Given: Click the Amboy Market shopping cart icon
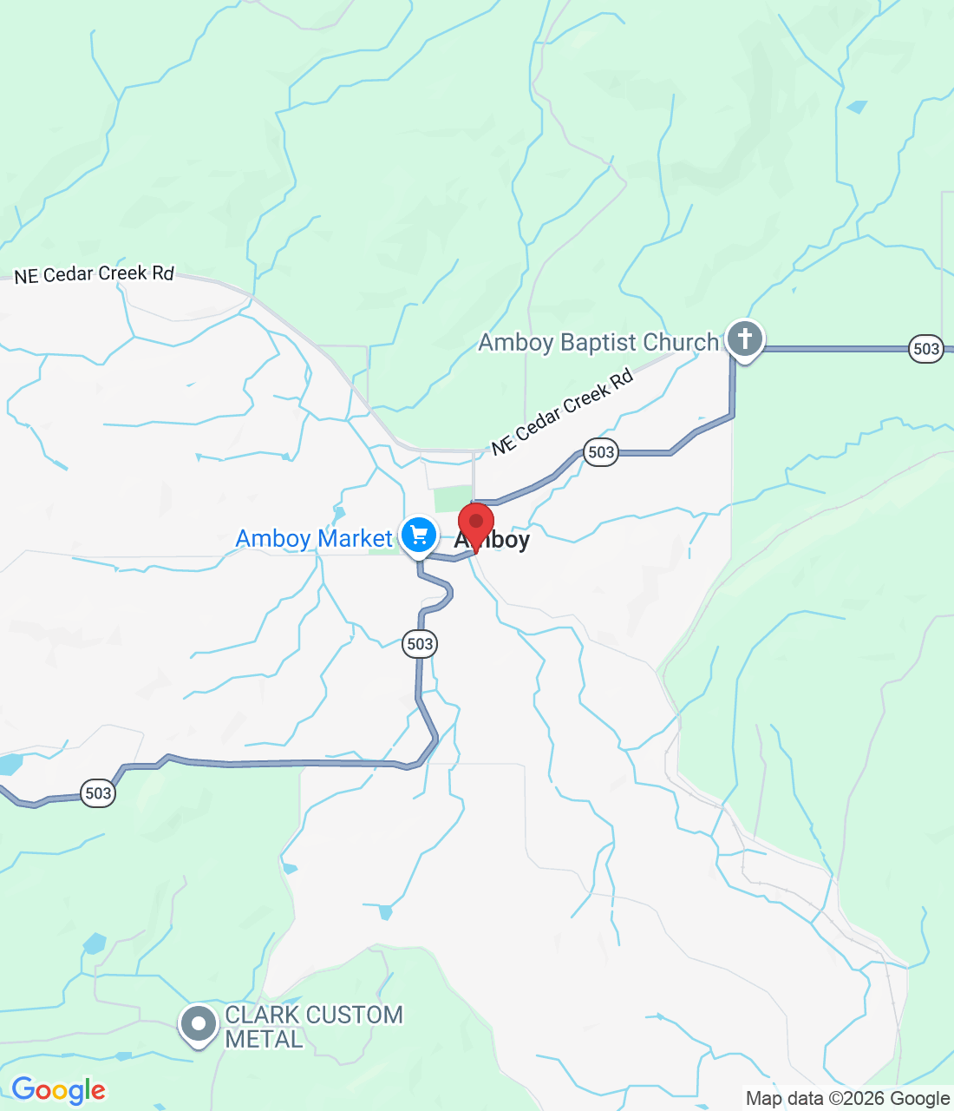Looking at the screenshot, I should (419, 535).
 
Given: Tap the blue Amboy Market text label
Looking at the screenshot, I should (314, 539).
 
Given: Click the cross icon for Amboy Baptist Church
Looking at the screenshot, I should (744, 339).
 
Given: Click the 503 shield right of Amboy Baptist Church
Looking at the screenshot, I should (926, 349).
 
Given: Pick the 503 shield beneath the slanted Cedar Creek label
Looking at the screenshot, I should (601, 451).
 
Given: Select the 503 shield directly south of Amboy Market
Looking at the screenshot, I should (420, 644).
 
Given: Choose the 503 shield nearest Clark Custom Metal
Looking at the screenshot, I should (98, 793).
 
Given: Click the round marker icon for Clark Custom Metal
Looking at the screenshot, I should (199, 1024).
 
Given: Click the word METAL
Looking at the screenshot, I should (264, 1039).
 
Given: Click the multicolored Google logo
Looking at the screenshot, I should (58, 1090).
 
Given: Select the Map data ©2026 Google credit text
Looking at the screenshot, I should (847, 1099).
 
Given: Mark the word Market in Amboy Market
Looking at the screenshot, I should (353, 539).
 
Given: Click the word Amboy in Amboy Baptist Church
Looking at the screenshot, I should (515, 343).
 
